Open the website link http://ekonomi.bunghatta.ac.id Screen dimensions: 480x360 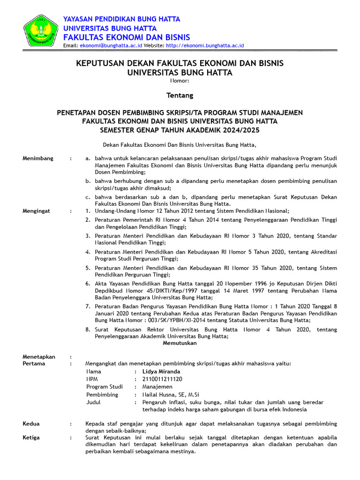pos(205,45)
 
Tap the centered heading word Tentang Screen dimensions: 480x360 pos(180,95)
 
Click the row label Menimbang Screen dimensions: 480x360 pos(38,158)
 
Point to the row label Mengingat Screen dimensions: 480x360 pos(37,211)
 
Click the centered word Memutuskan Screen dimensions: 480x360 pos(180,343)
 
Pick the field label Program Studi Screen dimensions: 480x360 pos(105,387)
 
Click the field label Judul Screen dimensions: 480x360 pos(93,402)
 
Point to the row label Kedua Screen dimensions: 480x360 pos(31,424)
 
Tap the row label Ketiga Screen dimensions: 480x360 pos(31,438)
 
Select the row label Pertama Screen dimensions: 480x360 pos(34,363)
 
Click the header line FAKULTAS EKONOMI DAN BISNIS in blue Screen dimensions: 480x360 pos(127,37)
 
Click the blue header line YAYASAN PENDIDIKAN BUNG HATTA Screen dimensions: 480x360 pos(122,19)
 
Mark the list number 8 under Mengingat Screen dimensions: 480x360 pos(88,330)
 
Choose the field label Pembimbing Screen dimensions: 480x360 pos(102,395)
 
